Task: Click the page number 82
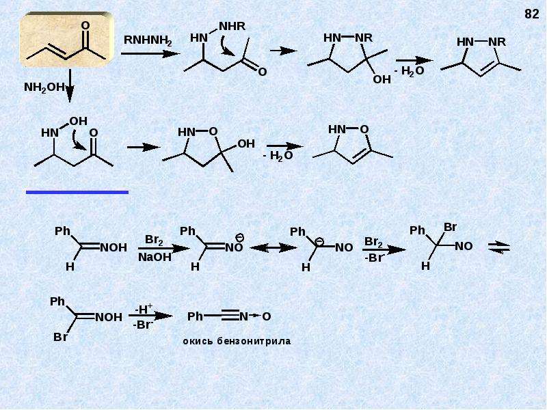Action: click(532, 14)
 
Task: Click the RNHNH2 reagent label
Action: click(148, 40)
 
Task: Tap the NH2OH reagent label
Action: click(44, 87)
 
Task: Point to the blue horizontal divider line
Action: click(77, 192)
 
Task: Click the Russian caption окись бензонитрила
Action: click(237, 340)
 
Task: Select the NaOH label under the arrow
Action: click(155, 258)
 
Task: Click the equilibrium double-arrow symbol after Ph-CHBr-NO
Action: click(499, 247)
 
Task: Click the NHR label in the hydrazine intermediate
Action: click(232, 26)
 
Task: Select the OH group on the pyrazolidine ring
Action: click(382, 79)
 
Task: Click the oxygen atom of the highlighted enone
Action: click(85, 25)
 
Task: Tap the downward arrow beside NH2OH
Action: click(70, 86)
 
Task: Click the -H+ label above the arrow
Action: click(144, 309)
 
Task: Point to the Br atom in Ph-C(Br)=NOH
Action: click(60, 337)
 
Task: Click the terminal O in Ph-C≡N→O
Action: click(266, 316)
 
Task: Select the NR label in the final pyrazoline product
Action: click(497, 42)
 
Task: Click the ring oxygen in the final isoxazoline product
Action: click(364, 130)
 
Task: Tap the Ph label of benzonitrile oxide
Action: click(195, 316)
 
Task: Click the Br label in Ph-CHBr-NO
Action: click(450, 228)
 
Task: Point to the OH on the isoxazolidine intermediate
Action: click(246, 144)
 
